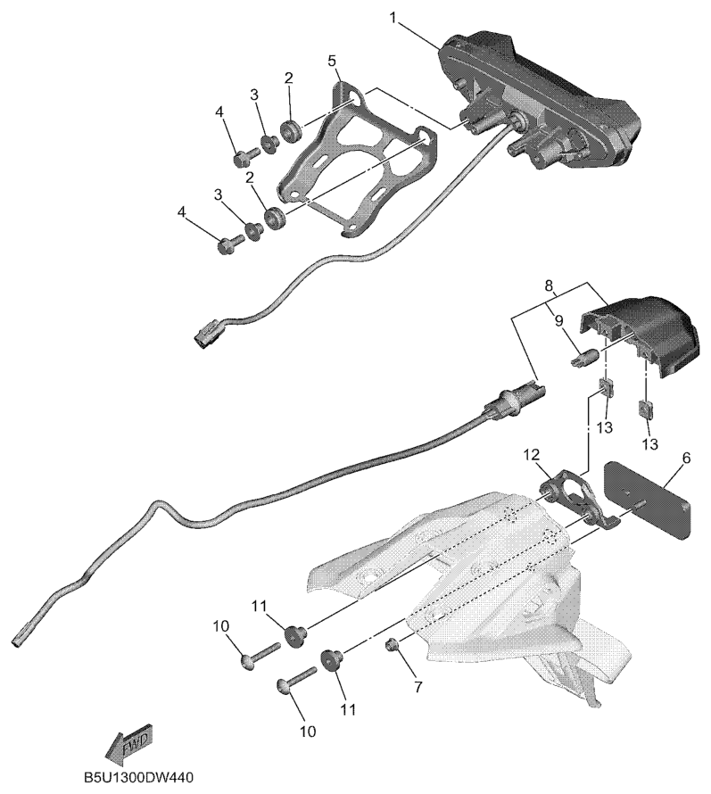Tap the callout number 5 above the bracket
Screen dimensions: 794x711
[332, 61]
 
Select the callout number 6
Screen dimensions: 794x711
[686, 458]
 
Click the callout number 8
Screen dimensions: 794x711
[551, 285]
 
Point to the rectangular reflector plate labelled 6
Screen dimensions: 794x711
[647, 498]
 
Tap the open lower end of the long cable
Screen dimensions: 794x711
[20, 640]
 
